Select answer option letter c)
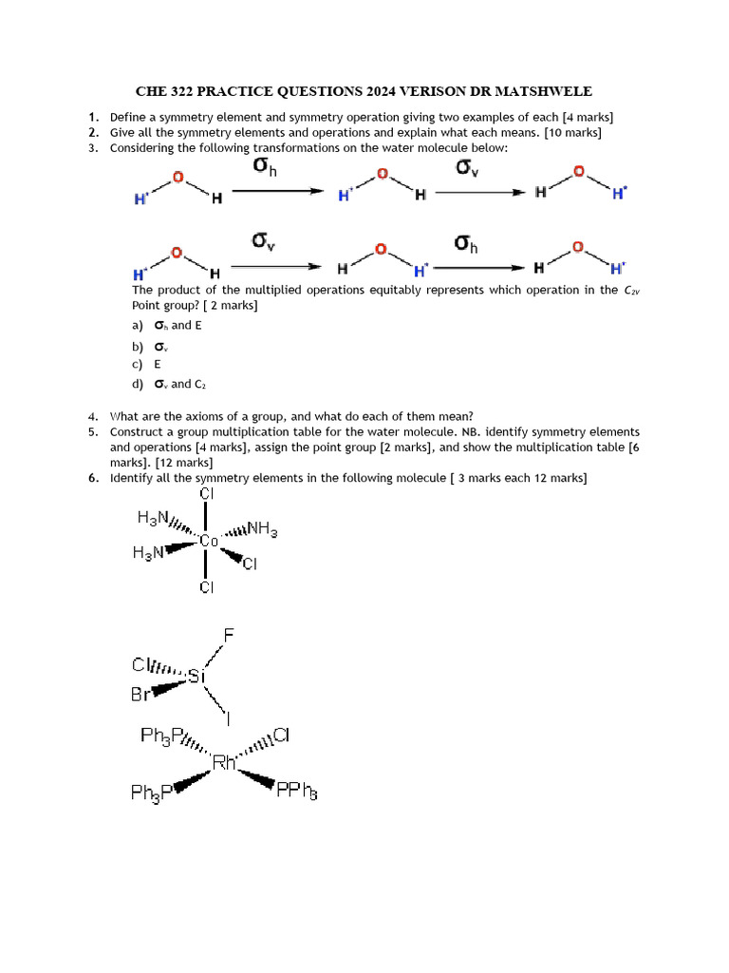(138, 364)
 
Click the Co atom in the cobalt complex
(209, 541)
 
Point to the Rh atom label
(224, 761)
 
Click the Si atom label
(196, 677)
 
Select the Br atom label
(140, 695)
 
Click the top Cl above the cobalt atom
(206, 494)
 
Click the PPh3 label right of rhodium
(296, 789)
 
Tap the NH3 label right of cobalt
(258, 529)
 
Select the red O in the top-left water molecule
(178, 177)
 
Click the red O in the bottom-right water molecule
(578, 249)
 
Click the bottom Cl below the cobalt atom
(206, 587)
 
